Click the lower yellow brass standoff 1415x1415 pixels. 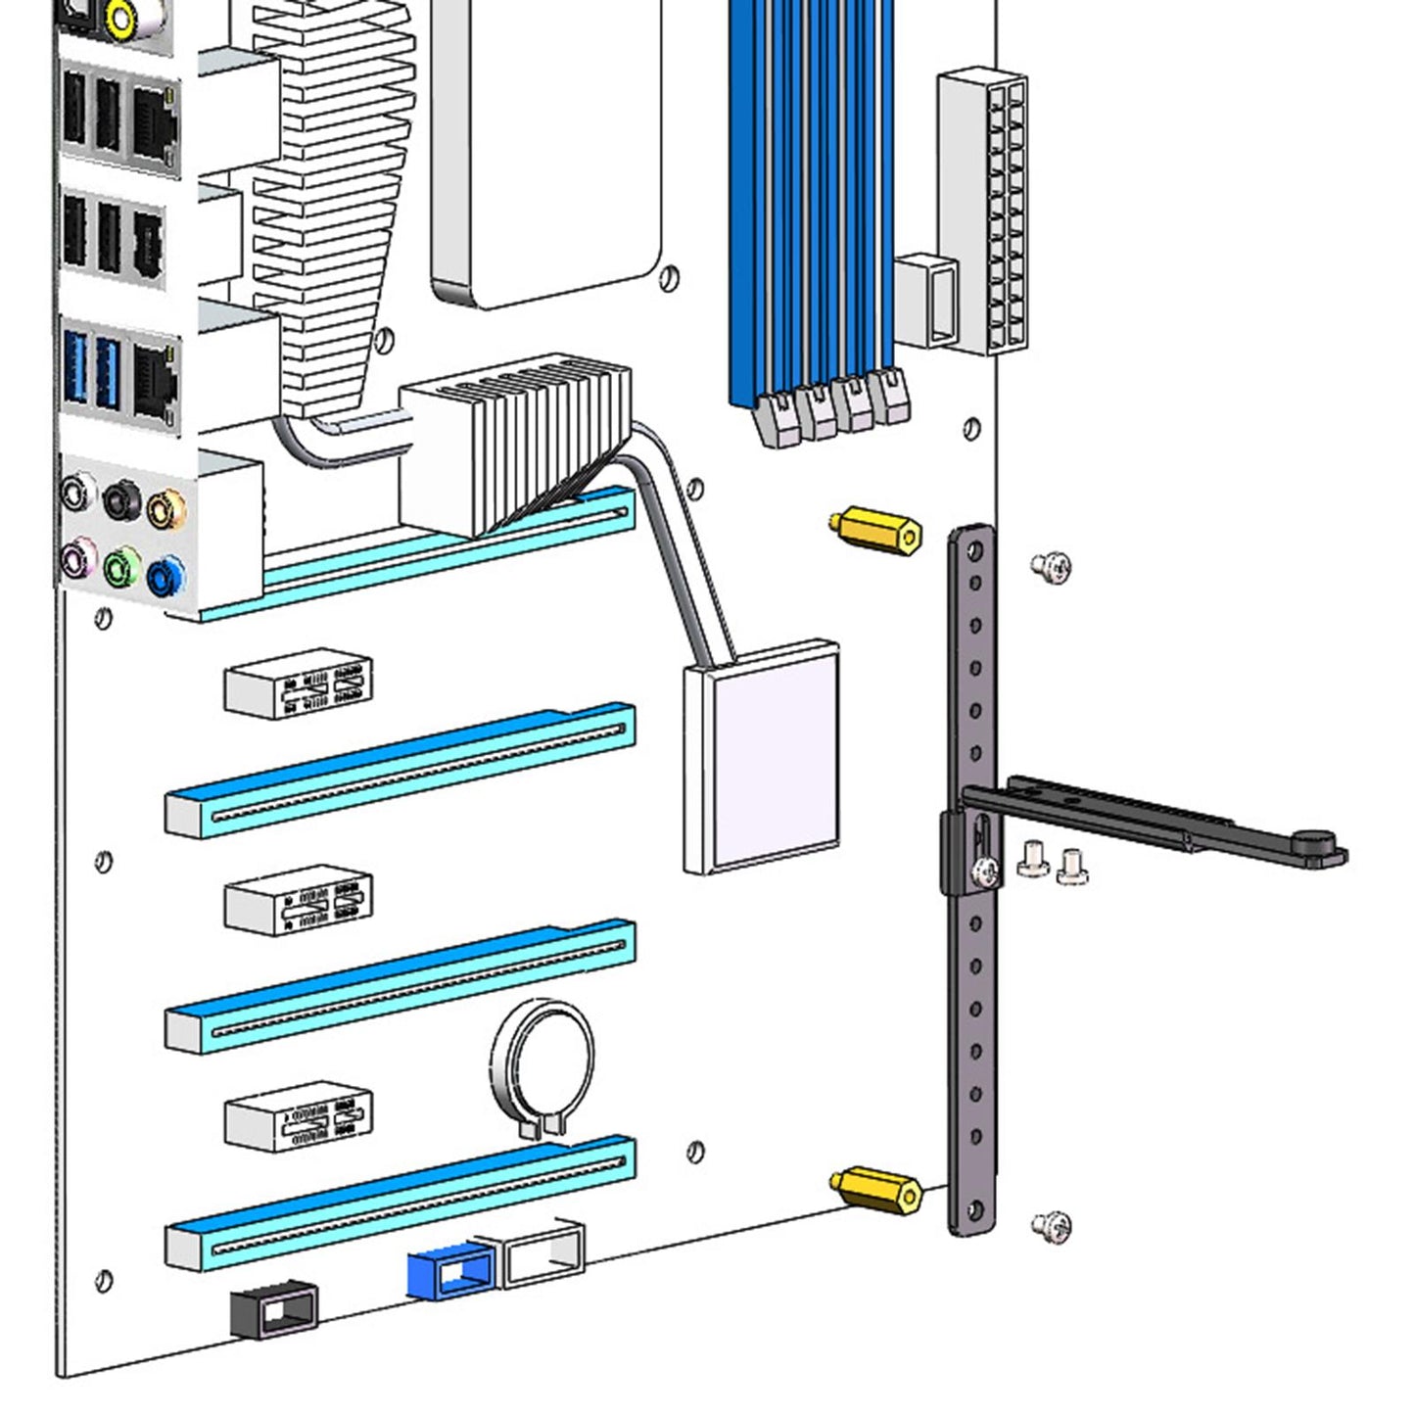[x=877, y=1189]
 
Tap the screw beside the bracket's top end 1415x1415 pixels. [x=1052, y=567]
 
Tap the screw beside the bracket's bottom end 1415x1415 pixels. [x=1052, y=1226]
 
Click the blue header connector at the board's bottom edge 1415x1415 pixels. [x=448, y=1272]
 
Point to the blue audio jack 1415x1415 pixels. [x=165, y=576]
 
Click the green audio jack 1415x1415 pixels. [x=121, y=567]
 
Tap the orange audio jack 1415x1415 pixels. [x=165, y=508]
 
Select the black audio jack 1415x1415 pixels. [x=121, y=499]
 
